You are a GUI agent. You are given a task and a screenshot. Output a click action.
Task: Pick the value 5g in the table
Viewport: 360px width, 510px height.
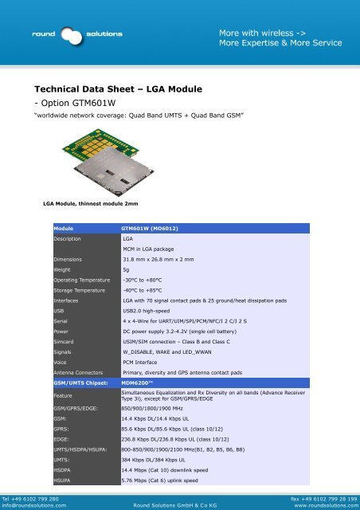126,270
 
